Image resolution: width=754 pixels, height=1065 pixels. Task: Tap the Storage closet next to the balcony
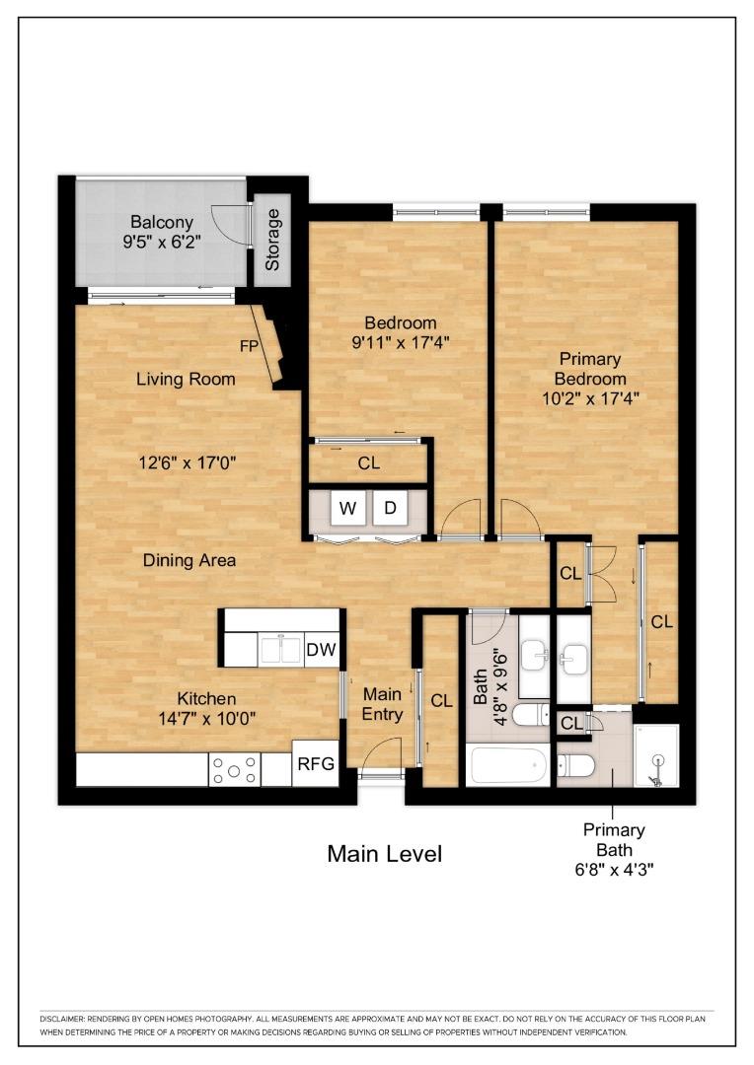pos(272,240)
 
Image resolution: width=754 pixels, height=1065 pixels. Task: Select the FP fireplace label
pos(250,346)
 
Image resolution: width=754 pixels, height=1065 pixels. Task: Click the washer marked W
pos(348,509)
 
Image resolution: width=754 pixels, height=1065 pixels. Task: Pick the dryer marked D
pos(391,509)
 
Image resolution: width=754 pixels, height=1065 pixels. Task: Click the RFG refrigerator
pos(316,764)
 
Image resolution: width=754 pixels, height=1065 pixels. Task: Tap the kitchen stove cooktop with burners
pos(235,769)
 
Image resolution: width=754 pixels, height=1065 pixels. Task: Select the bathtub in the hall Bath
pos(506,765)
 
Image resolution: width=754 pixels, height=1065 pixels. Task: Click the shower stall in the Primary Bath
pos(656,755)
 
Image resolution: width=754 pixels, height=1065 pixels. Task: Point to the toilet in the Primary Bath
pos(574,765)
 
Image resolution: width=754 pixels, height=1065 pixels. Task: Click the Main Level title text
pos(384,854)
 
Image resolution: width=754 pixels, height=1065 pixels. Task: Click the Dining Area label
pos(189,560)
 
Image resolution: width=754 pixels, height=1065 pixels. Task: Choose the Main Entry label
pos(382,704)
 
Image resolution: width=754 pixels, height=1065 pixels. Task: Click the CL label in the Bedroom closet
pos(368,463)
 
